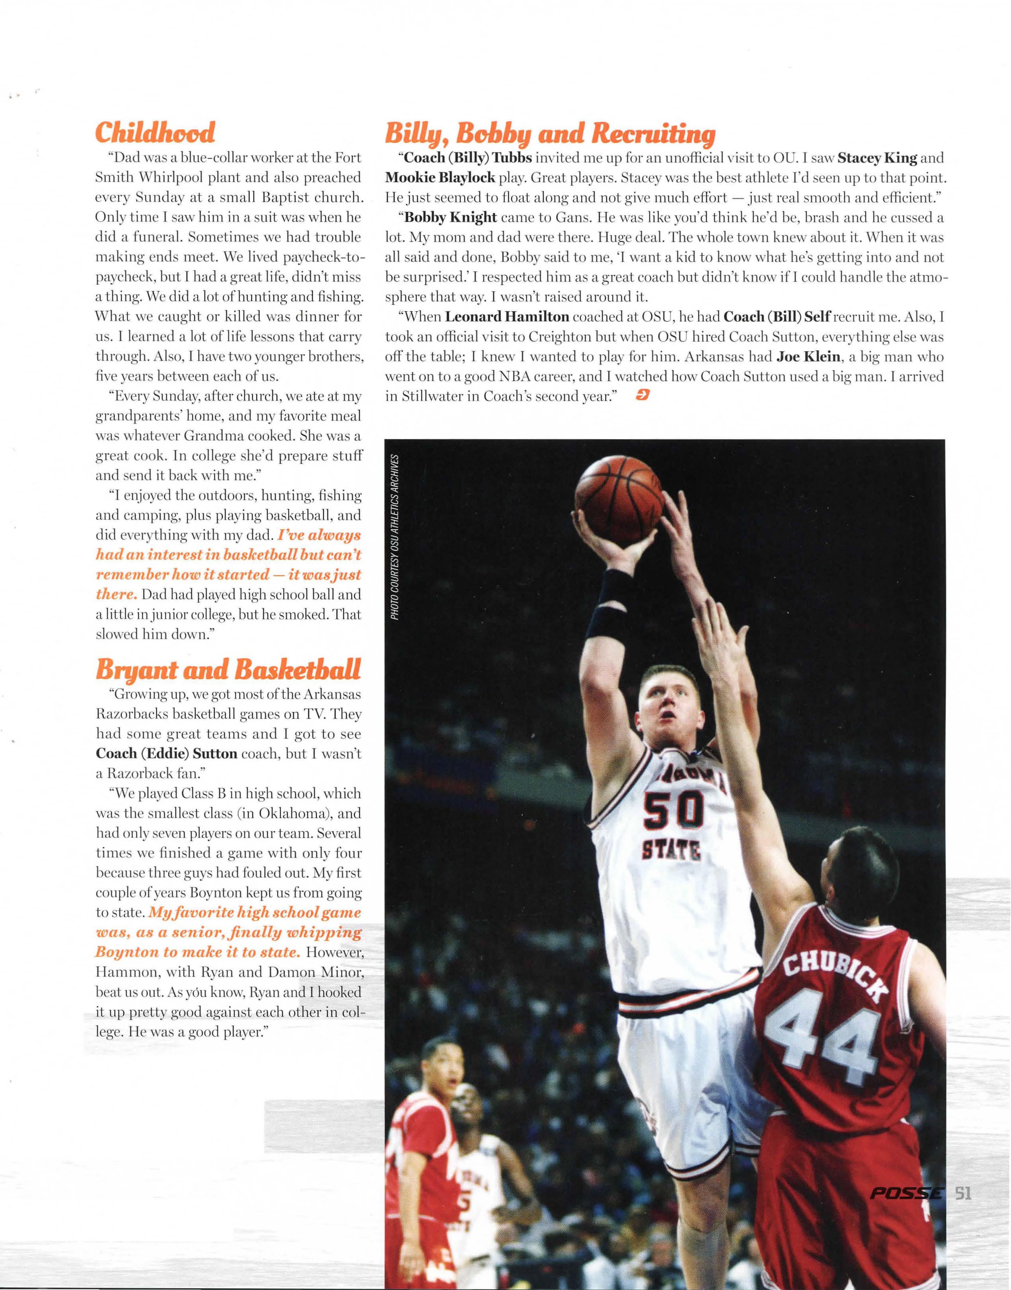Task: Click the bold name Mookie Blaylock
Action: (440, 177)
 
